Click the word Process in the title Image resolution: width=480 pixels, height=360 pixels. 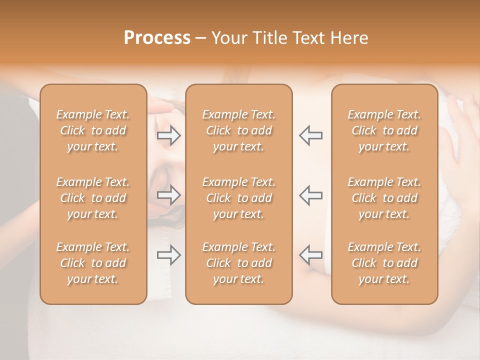(157, 38)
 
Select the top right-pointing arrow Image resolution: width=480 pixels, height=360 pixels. (169, 135)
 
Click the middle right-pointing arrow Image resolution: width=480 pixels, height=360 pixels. (169, 195)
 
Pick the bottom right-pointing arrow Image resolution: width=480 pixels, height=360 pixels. (169, 255)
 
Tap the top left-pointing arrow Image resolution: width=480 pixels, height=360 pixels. (310, 135)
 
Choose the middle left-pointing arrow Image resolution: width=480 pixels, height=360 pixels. (310, 195)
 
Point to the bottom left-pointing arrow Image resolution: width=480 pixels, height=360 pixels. (310, 255)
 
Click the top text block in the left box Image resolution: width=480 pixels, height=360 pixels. (93, 130)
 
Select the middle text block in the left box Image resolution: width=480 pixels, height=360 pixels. (93, 198)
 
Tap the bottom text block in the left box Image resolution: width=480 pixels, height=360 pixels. (93, 263)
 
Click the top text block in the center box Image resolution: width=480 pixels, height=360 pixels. (238, 130)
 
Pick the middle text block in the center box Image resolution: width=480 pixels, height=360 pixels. (238, 198)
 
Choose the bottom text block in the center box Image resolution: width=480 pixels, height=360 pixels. (238, 263)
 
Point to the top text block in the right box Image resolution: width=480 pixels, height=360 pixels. (384, 130)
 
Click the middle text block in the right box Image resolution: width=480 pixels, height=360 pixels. (384, 198)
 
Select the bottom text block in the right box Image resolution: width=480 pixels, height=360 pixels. (384, 263)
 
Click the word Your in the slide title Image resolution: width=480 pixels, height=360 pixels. (228, 38)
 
